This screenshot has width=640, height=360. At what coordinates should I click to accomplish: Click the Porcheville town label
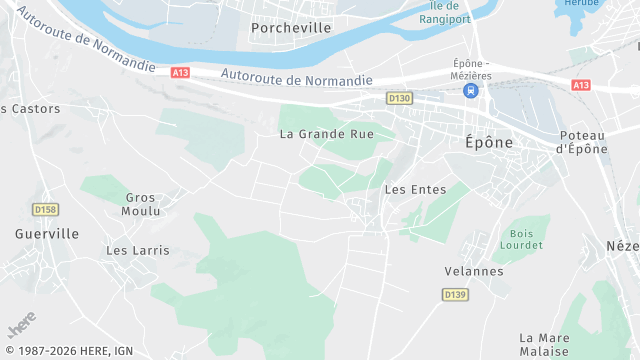(291, 28)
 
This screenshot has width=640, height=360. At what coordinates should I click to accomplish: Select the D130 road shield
(400, 98)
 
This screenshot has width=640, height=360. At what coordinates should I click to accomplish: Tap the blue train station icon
(469, 90)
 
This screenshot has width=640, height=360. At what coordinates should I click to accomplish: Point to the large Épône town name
(489, 142)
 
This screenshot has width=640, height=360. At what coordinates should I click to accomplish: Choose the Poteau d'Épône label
(582, 142)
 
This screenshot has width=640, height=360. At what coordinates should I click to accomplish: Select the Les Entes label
(408, 189)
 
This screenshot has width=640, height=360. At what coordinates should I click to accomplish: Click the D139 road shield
(455, 294)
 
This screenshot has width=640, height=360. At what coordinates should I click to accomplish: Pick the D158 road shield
(45, 210)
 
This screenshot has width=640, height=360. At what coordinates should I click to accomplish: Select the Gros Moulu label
(140, 204)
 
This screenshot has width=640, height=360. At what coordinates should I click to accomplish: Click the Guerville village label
(47, 233)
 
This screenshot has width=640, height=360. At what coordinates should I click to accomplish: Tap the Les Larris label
(138, 250)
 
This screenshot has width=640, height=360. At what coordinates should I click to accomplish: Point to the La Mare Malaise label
(544, 345)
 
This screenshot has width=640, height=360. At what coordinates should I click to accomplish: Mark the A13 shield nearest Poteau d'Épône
(580, 86)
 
